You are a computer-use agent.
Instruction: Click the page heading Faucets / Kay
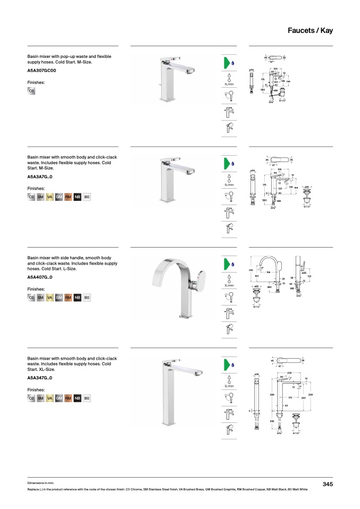[309, 30]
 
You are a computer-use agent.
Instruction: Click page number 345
[328, 483]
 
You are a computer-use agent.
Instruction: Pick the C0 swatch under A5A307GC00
[31, 91]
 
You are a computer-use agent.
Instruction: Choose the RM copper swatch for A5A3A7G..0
[68, 197]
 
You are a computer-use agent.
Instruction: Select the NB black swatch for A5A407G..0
[78, 298]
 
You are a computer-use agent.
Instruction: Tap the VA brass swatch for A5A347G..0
[50, 398]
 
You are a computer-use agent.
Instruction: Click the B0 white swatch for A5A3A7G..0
[87, 197]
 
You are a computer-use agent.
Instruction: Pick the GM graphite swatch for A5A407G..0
[59, 298]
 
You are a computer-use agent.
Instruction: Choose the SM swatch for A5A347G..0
[40, 398]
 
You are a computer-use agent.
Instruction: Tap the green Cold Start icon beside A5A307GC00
[228, 63]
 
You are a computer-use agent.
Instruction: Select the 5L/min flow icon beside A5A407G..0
[229, 280]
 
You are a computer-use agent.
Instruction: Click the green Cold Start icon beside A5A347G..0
[228, 364]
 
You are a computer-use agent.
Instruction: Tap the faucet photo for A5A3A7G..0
[176, 183]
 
